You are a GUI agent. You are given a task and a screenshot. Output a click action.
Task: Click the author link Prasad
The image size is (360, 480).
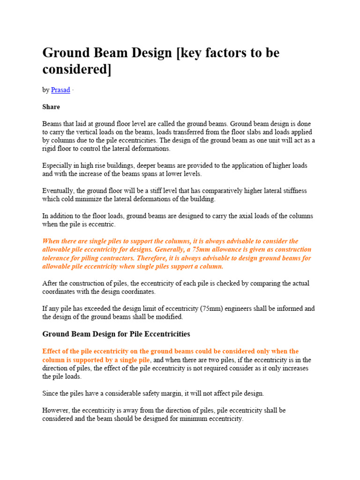pyautogui.click(x=60, y=90)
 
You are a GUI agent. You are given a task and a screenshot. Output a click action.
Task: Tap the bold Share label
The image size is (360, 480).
pyautogui.click(x=51, y=107)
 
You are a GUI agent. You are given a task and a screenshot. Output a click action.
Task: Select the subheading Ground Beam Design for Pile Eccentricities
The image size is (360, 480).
pyautogui.click(x=116, y=334)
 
